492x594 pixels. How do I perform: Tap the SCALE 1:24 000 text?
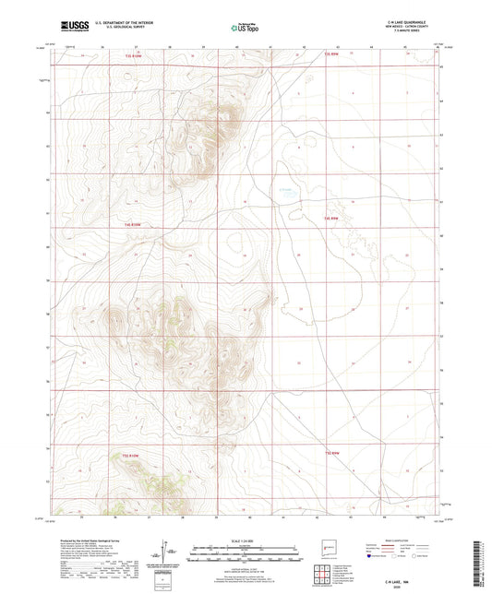(x=245, y=541)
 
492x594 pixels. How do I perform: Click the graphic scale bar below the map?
(x=245, y=553)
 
